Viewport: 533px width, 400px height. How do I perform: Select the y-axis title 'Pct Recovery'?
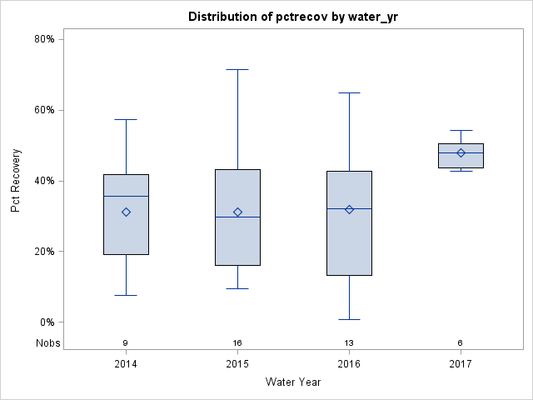16,180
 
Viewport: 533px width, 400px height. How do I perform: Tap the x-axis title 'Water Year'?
293,382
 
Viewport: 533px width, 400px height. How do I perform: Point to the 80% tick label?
43,39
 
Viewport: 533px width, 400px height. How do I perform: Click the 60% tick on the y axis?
43,110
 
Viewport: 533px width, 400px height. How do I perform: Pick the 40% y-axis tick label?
43,181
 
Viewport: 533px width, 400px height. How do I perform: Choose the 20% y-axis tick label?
43,252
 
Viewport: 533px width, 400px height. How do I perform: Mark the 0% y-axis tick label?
46,322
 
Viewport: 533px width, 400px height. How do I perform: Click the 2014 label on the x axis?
126,363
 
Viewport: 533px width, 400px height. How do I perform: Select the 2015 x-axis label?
237,363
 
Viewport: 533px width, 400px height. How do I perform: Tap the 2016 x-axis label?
349,363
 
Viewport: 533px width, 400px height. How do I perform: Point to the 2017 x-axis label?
461,363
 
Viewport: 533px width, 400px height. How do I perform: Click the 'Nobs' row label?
47,343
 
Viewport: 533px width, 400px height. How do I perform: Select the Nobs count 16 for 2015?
237,343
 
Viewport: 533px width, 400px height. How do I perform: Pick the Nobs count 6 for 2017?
461,343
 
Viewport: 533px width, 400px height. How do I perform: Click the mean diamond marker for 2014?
126,212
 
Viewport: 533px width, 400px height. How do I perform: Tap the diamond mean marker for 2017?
461,152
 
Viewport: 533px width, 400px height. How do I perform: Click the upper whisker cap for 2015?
237,69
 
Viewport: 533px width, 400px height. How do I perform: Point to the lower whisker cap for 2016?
349,319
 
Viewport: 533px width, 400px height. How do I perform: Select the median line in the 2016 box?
349,208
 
